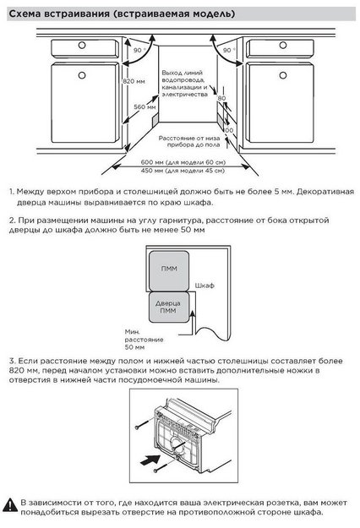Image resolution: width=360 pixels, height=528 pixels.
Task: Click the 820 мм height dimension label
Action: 130,81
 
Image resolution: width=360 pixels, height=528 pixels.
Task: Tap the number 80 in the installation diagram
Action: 221,99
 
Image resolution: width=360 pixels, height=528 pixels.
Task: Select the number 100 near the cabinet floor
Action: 227,131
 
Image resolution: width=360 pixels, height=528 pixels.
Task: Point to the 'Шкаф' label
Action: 205,286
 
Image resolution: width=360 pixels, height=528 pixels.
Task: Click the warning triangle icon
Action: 10,506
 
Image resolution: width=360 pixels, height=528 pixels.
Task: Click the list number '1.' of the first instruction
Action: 13,193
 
